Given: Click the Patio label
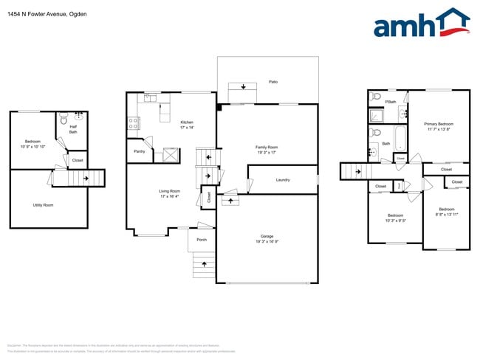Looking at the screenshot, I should (x=272, y=81).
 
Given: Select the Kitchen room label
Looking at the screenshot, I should (x=187, y=122).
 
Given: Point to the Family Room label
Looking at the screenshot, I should (x=267, y=148).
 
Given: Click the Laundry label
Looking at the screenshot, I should (x=283, y=180).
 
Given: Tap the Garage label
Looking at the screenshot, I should (x=267, y=238).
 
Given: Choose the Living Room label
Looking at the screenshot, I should (x=170, y=193).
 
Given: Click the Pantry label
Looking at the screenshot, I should (x=140, y=151).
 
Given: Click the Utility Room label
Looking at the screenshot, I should (x=43, y=205).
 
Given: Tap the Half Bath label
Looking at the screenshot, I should (x=73, y=130).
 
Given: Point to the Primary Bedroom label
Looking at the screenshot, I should (x=439, y=126).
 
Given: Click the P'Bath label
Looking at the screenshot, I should (x=391, y=102).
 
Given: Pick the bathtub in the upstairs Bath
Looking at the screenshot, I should (x=400, y=136).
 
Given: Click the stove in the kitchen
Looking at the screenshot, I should (x=134, y=123).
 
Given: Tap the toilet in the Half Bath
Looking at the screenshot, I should (x=64, y=117).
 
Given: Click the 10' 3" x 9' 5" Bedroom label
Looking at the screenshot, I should (x=395, y=218).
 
